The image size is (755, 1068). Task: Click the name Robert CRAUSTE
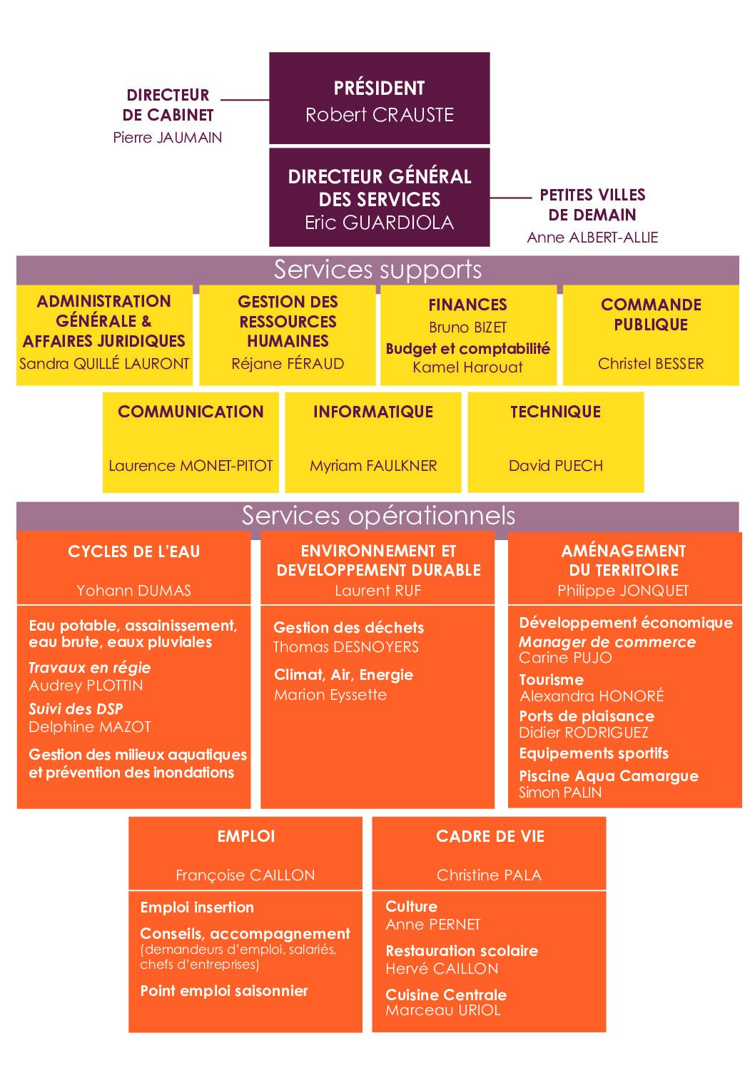379,115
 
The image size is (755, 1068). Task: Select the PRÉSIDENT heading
379,88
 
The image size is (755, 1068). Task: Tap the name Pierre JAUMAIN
168,138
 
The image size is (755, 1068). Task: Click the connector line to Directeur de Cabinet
245,100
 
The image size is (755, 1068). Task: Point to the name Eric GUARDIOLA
379,223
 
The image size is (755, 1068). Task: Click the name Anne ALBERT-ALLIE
592,237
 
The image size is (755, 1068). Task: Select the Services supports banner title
377,270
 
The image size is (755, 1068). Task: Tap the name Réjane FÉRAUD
288,364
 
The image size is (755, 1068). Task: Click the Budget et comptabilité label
467,349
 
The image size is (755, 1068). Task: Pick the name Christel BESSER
651,364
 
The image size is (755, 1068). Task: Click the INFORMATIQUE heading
373,412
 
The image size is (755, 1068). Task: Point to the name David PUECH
556,465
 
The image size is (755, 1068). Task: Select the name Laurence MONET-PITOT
191,465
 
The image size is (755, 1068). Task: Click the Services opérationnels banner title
378,515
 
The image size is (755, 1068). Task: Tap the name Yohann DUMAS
133,590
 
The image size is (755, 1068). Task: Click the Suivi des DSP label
76,709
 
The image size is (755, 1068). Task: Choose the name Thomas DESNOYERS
346,647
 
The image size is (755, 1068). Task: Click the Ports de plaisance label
587,716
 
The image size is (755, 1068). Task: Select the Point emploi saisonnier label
224,991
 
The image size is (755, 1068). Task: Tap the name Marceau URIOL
443,1009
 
